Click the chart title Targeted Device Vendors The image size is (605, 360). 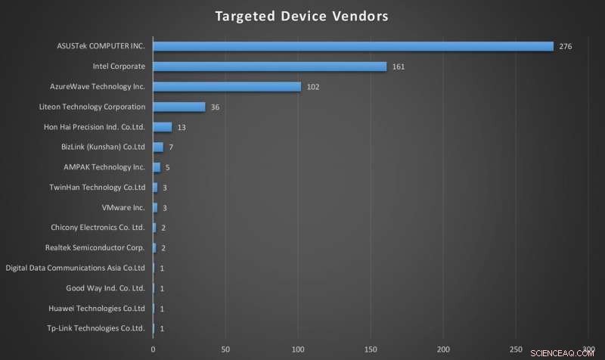[302, 16]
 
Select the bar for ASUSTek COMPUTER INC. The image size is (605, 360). [353, 46]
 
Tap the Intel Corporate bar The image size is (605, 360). [270, 67]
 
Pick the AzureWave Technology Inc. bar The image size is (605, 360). [227, 86]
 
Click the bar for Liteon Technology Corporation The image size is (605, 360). [179, 107]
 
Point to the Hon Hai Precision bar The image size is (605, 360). [163, 127]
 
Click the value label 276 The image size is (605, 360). [566, 47]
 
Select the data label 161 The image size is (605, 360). [399, 67]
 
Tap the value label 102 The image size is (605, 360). [313, 87]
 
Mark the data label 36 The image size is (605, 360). [216, 107]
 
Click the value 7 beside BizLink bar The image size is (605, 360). [172, 147]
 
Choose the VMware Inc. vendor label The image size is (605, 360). [123, 207]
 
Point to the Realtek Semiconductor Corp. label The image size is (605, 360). [95, 247]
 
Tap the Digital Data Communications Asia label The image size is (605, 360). [75, 268]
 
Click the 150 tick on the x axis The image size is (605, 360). [371, 349]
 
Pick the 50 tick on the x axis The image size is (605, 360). [225, 349]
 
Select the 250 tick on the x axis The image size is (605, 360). [516, 349]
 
